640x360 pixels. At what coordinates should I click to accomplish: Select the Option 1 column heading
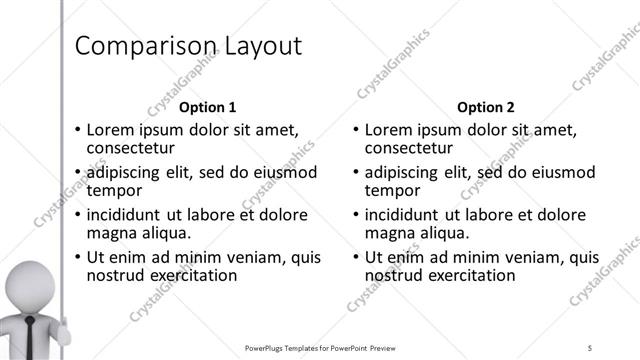208,107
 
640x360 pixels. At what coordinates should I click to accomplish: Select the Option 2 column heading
485,107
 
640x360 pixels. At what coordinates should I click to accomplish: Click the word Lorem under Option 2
387,130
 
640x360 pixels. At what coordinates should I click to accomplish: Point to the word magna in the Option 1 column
110,233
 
